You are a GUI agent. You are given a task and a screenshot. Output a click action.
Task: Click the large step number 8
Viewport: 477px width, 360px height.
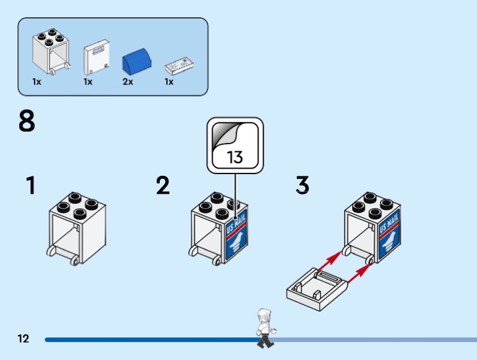pyautogui.click(x=27, y=122)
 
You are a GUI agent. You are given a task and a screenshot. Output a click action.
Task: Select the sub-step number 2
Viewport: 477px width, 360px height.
pyautogui.click(x=163, y=186)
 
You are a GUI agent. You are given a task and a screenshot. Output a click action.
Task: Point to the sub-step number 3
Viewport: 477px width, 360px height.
pyautogui.click(x=303, y=186)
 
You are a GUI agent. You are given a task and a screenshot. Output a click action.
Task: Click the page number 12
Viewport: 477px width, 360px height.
pyautogui.click(x=23, y=339)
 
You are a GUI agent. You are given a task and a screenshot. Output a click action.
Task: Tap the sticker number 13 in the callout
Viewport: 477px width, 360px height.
pyautogui.click(x=235, y=157)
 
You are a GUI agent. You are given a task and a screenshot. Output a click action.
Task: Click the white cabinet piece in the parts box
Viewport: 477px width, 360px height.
pyautogui.click(x=51, y=51)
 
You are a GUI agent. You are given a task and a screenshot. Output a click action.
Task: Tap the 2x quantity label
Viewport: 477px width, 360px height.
pyautogui.click(x=128, y=82)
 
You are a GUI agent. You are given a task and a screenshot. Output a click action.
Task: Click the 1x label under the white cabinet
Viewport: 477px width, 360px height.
pyautogui.click(x=37, y=82)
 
